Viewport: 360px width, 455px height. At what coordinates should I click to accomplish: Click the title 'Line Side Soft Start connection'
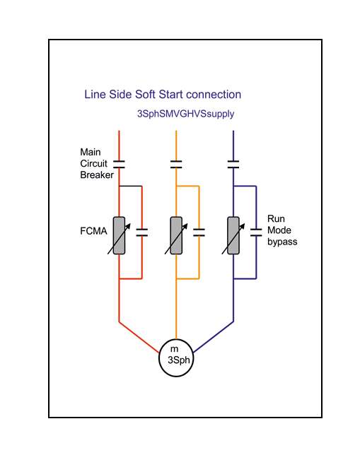coord(163,95)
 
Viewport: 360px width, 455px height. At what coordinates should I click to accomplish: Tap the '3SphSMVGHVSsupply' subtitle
coord(186,114)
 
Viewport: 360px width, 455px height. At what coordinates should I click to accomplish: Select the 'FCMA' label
coord(93,231)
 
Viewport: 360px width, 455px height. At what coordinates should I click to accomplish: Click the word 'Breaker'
coord(97,175)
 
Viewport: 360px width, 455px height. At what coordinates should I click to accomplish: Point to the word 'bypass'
coord(282,242)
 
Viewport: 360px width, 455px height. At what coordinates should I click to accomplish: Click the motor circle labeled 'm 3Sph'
coord(176,357)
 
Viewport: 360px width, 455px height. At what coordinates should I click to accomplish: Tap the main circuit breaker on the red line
coord(119,164)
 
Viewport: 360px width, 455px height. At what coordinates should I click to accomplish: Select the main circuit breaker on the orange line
coord(176,164)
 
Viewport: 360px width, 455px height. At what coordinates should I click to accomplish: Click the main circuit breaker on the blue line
coord(233,164)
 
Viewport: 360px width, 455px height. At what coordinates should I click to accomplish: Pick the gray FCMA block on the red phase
coord(119,236)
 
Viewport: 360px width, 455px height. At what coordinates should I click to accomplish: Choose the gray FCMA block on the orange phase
coord(176,236)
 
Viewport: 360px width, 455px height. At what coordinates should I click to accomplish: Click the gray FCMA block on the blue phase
coord(233,236)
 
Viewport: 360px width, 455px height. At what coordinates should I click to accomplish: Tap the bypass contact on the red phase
coord(141,232)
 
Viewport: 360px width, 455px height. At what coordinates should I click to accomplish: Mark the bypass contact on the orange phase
coord(199,232)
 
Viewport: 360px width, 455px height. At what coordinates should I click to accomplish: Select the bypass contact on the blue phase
coord(256,232)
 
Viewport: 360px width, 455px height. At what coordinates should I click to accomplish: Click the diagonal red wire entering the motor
coord(139,337)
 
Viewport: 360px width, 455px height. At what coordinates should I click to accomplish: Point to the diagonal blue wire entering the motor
coord(214,337)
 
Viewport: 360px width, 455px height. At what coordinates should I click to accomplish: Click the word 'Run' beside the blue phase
coord(276,218)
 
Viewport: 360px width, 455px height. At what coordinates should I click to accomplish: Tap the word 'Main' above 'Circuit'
coord(91,152)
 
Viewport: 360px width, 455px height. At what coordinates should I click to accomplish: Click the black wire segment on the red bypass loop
coord(130,186)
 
